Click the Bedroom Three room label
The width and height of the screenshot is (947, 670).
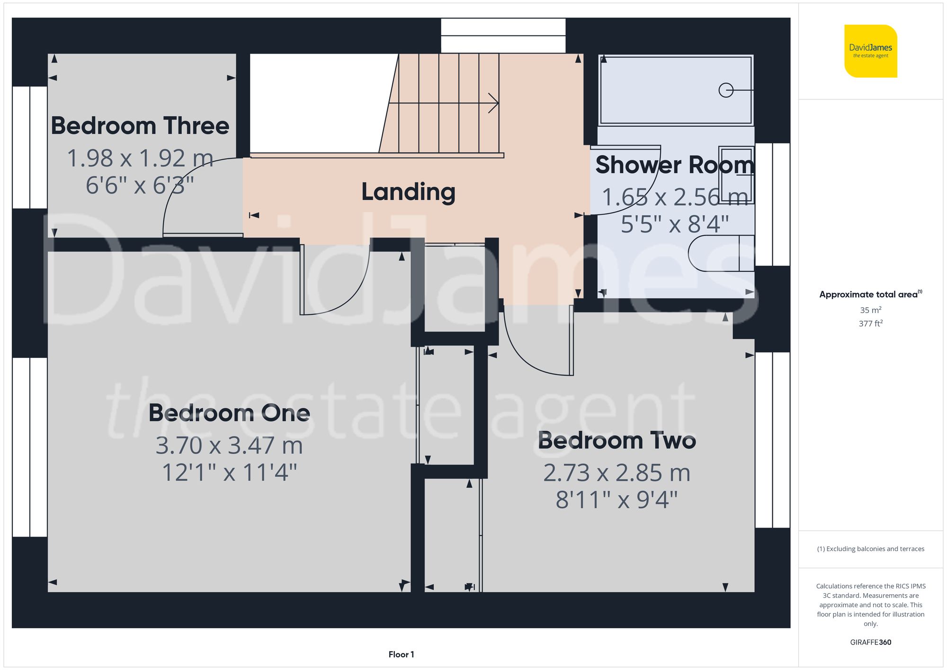pos(140,126)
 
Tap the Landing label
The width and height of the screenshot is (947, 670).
pos(408,192)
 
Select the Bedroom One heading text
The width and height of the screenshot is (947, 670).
pos(229,413)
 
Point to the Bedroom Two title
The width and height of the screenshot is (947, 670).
pos(616,441)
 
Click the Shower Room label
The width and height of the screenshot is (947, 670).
pos(674,165)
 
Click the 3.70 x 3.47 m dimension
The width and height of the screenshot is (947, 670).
pos(229,446)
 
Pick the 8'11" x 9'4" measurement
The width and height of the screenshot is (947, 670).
pos(616,500)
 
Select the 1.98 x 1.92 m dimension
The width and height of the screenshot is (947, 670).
pos(140,158)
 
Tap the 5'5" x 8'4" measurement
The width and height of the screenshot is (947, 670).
pos(674,224)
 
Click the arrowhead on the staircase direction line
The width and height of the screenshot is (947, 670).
pos(494,103)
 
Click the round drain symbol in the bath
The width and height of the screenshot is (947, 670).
pos(725,90)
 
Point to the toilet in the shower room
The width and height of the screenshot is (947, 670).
pos(720,253)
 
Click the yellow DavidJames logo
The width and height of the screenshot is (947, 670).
pos(870,51)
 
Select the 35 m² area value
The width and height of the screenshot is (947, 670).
pos(870,310)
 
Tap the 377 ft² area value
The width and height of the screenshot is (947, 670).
pos(870,324)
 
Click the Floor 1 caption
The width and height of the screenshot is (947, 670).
pos(401,654)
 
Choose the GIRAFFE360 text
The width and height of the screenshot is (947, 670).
pos(870,643)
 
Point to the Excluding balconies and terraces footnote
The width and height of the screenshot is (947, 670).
pos(870,549)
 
